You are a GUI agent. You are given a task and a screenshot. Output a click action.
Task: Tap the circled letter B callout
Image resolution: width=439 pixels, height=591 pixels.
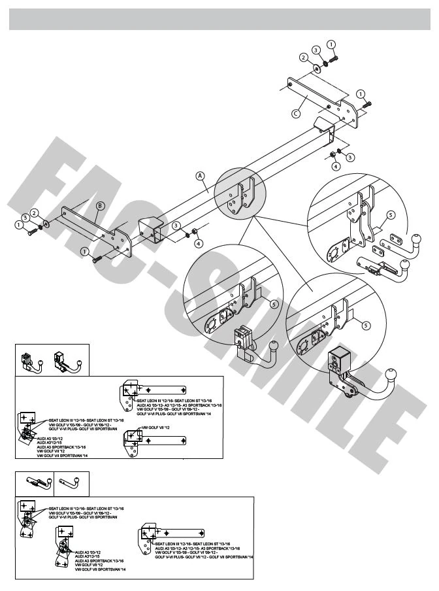tap(99, 205)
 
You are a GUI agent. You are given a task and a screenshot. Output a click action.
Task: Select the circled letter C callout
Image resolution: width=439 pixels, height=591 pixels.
tap(295, 112)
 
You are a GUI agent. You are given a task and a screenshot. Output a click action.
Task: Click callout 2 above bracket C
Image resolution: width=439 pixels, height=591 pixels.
tap(304, 58)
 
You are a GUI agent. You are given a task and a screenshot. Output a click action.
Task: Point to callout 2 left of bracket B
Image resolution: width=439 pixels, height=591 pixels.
tap(35, 212)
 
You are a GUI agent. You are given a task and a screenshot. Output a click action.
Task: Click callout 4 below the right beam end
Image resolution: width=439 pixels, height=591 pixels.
tap(336, 167)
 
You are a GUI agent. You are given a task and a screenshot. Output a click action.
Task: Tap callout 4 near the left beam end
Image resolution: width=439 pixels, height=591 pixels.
tap(198, 243)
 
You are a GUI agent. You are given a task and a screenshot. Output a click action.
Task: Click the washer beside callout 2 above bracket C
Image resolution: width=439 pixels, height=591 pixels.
tap(316, 67)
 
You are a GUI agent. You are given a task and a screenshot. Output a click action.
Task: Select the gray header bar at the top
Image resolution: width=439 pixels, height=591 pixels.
tap(219, 20)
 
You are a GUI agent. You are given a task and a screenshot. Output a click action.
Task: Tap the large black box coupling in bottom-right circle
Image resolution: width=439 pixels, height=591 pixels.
tap(340, 361)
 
